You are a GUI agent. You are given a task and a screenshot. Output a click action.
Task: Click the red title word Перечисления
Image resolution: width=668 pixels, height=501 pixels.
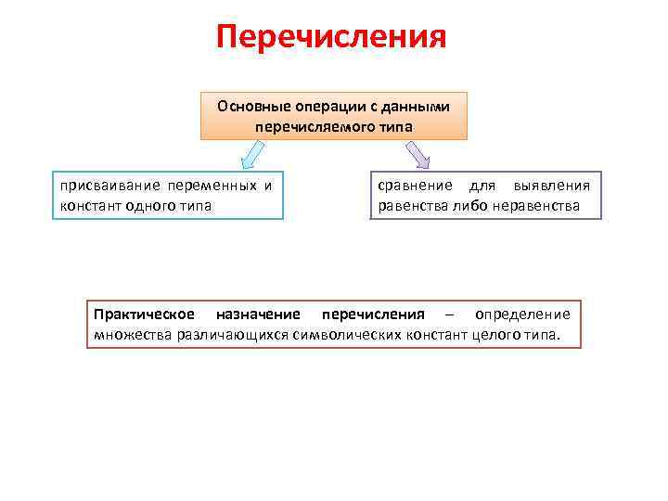(x=331, y=37)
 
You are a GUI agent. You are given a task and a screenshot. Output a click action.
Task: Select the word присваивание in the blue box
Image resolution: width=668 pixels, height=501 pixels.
(x=101, y=185)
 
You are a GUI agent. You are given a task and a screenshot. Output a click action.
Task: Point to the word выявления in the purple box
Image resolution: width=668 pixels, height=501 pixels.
(x=552, y=186)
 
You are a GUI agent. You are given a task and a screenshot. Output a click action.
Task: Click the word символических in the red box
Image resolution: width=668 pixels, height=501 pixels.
(x=345, y=334)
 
